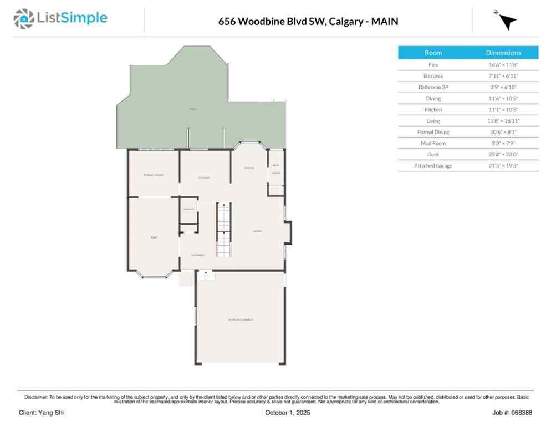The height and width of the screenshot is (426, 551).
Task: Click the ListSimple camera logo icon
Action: pos(23,18)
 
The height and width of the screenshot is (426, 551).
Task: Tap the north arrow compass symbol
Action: pos(506,21)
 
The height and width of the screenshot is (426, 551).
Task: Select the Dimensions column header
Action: pos(503,53)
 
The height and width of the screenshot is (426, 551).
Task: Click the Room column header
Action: pos(433,53)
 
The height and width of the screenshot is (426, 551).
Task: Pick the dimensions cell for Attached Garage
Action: pos(503,165)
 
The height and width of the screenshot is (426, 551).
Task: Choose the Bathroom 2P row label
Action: pos(433,87)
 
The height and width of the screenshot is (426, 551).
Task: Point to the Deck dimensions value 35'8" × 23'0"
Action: pos(503,154)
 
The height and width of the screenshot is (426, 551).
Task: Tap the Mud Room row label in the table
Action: pos(433,143)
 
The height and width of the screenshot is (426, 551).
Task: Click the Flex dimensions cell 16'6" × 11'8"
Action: pos(503,65)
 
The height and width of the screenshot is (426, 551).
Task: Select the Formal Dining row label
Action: pos(433,132)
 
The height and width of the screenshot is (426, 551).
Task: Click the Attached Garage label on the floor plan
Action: pos(241,320)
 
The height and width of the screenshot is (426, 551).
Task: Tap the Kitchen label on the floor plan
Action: pos(204,178)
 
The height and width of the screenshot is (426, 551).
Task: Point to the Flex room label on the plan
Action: pos(154,237)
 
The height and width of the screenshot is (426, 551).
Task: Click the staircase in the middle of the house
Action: pos(223,229)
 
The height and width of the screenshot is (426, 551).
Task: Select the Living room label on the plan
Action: pos(257,231)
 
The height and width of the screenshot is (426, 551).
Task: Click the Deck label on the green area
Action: pos(193,109)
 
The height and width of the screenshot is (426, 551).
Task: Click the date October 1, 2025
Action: pos(288,413)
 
